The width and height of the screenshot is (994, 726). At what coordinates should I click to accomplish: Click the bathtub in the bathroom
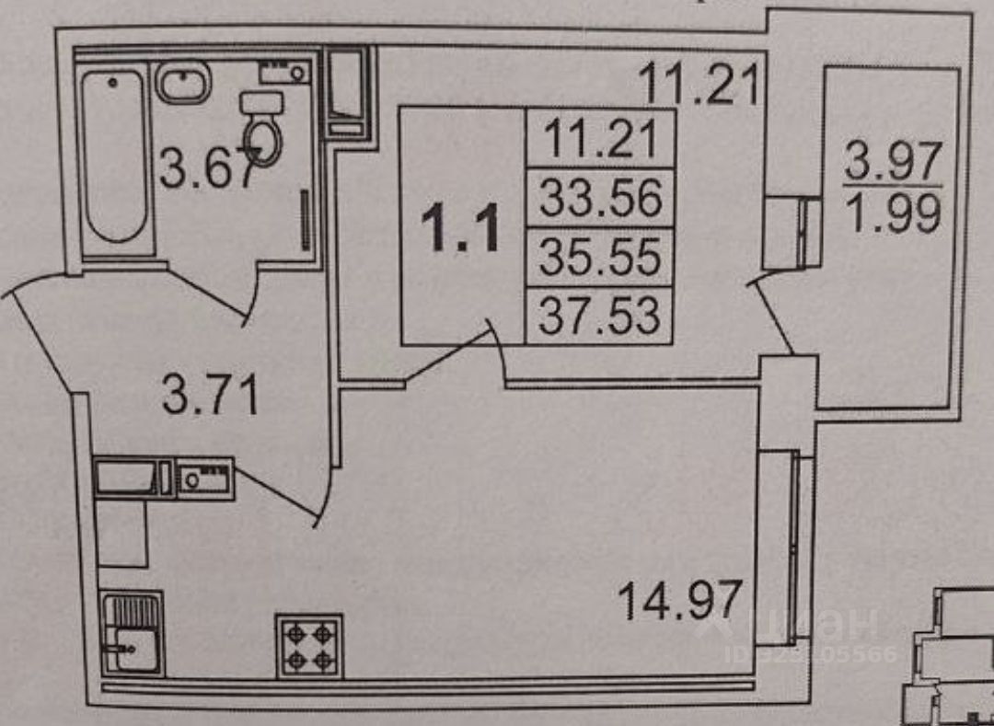pos(113,156)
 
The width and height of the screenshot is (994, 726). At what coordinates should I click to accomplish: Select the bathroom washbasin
pos(184,83)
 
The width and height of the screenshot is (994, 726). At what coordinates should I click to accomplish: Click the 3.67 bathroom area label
pos(204,169)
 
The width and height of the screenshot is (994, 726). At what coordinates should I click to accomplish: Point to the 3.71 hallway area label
pos(210,398)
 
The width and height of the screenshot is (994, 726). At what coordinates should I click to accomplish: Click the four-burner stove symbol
pos(309,646)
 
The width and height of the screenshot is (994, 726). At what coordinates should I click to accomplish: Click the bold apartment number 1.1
pos(461,228)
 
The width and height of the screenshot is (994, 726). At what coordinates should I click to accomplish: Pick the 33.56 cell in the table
pos(600,198)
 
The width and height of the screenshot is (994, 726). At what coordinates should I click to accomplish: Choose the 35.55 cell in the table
pos(600,258)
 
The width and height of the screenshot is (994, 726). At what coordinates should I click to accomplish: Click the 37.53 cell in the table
pos(600,316)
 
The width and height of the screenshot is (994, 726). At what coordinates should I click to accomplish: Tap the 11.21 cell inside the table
pos(600,140)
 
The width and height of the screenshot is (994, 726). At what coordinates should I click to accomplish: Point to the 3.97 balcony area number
pos(893,164)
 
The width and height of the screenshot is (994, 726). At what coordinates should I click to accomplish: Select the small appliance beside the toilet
pos(283,71)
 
